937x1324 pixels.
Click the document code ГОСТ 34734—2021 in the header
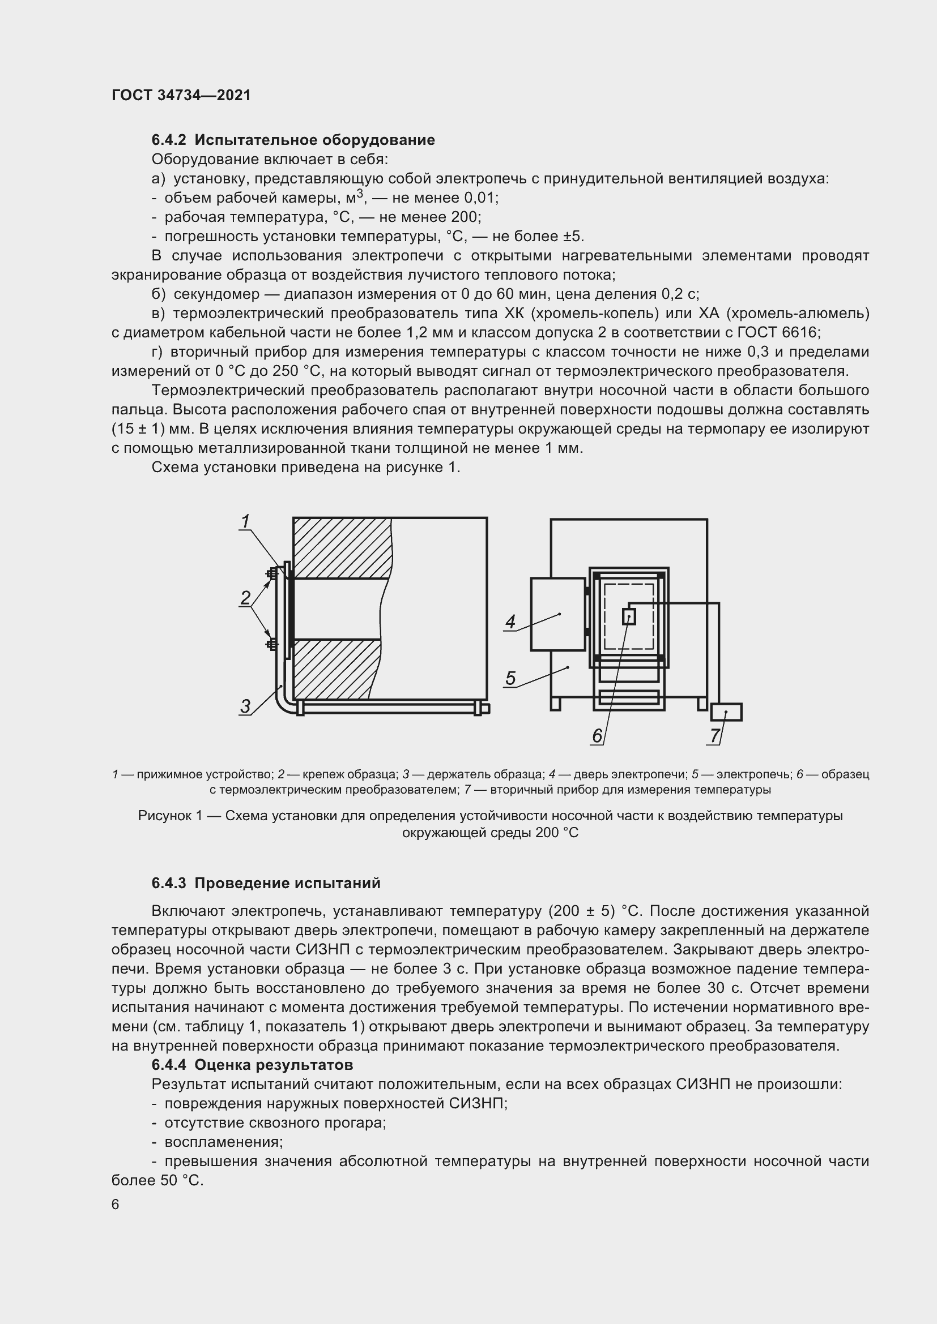point(181,96)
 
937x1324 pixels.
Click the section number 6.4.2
point(169,140)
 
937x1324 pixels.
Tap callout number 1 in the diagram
point(245,521)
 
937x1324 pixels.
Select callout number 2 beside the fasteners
point(246,597)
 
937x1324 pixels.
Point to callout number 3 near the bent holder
point(246,706)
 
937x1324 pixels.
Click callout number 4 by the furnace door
point(510,622)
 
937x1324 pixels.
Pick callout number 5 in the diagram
point(510,678)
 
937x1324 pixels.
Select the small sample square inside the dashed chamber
point(629,616)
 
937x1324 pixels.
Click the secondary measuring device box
point(726,712)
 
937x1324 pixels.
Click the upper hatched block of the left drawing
point(340,548)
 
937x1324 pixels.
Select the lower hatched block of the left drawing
point(335,669)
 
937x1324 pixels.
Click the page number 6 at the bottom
point(116,1205)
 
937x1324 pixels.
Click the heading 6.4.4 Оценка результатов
point(252,1065)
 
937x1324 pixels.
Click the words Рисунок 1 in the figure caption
point(171,816)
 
